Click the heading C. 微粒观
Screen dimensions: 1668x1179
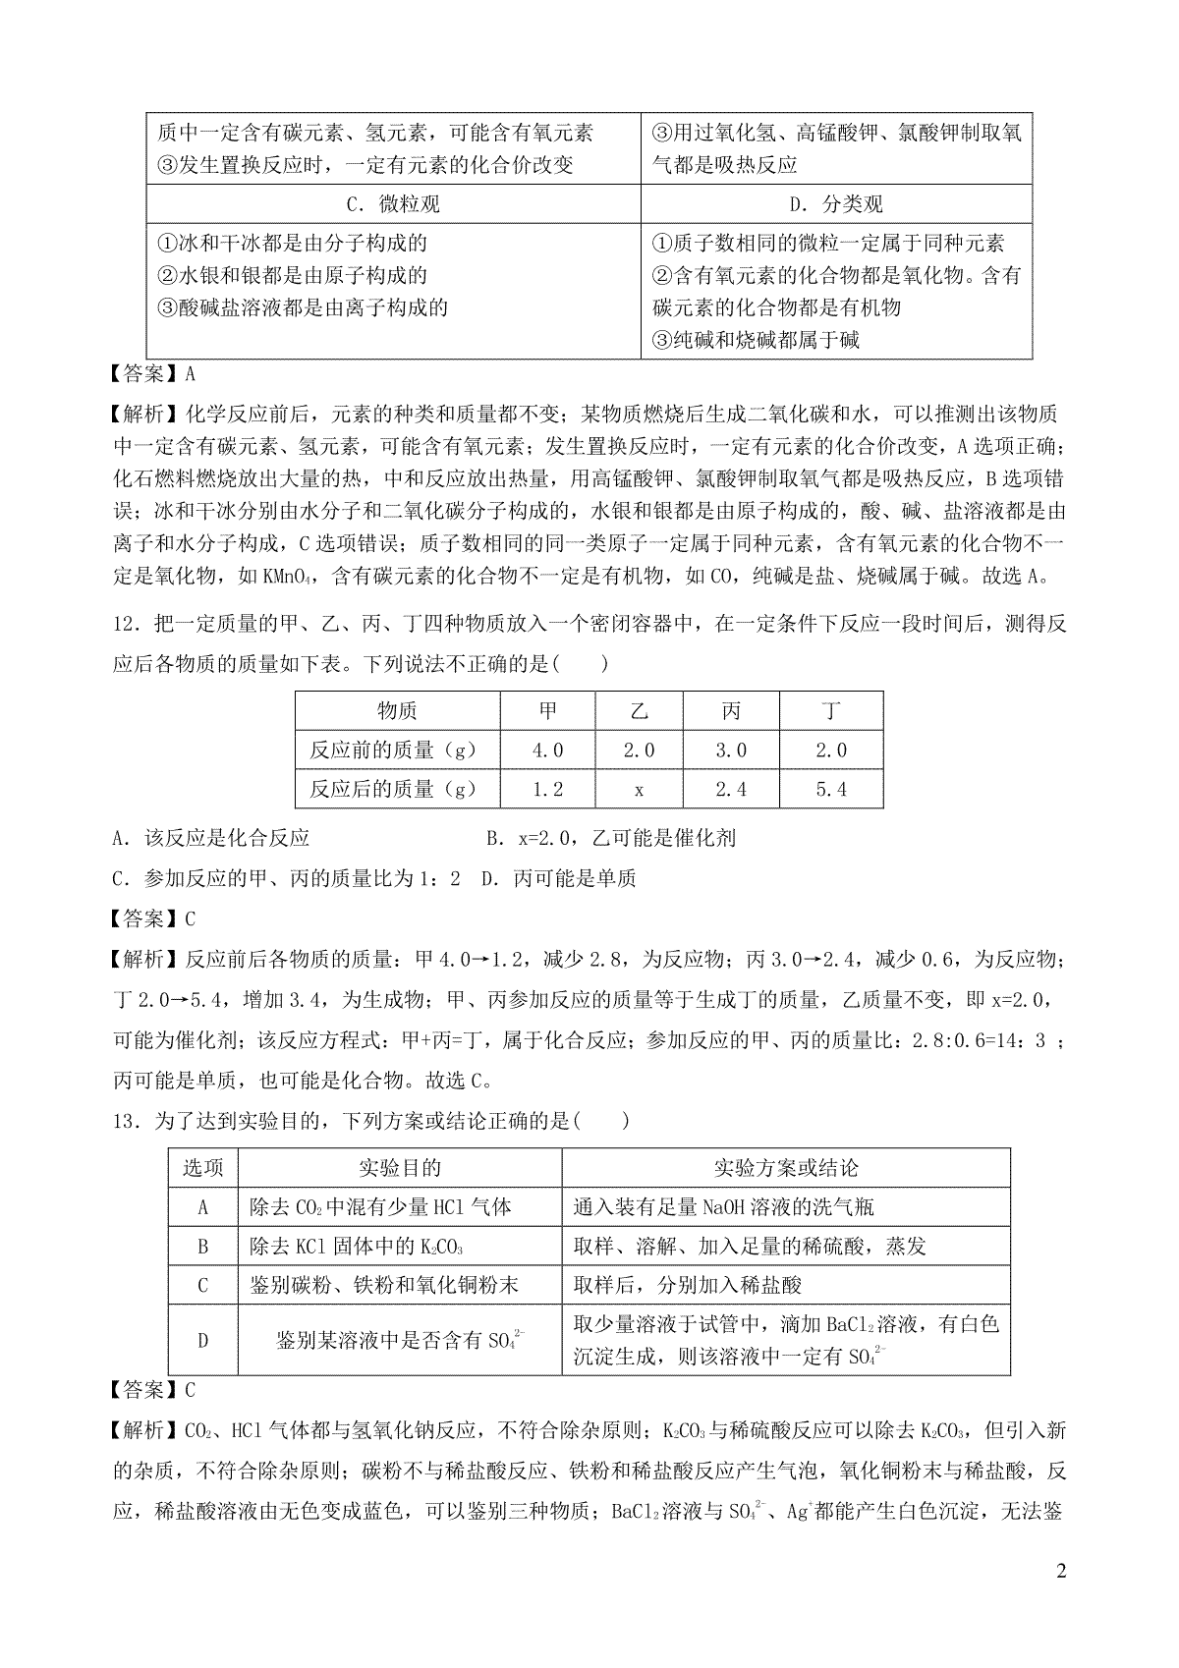coord(393,203)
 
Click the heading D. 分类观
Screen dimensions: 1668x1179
coord(836,203)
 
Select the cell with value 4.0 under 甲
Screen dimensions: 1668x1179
coord(547,751)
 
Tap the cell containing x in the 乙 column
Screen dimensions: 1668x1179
coord(639,789)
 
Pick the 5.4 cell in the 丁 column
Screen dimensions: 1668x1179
coord(830,789)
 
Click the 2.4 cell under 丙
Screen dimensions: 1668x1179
coord(731,789)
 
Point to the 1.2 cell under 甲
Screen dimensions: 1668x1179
coord(547,789)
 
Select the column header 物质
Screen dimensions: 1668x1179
coord(397,711)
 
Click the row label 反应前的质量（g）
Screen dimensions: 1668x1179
coord(393,751)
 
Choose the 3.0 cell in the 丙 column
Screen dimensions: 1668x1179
coord(731,751)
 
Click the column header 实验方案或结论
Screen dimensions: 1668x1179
coord(785,1167)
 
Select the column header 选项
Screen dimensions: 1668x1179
coord(203,1167)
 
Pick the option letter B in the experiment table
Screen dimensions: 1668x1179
coord(203,1247)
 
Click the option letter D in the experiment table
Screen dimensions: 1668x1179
coord(203,1340)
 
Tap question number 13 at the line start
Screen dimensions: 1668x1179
coord(129,1120)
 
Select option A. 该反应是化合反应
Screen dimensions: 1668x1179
coord(211,838)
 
